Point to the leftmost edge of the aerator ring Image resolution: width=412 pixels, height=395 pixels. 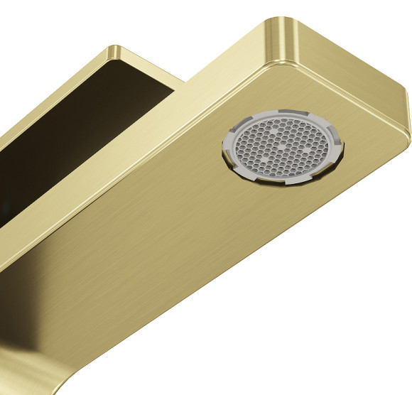[x=222, y=146]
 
